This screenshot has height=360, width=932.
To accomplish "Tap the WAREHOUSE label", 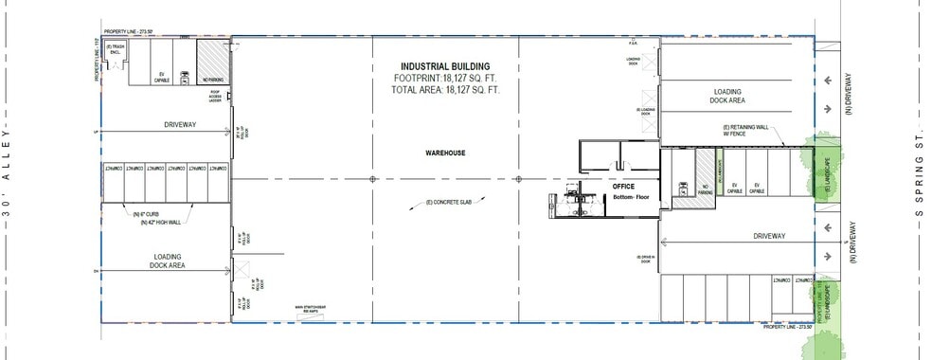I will [444, 152].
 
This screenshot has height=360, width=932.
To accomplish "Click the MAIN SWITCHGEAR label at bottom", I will [307, 309].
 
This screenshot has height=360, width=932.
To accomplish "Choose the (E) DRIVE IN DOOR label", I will [647, 259].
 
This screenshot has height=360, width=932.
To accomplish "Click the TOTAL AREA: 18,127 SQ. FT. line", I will [444, 90].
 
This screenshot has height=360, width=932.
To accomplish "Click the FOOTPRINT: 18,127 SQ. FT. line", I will [444, 79].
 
